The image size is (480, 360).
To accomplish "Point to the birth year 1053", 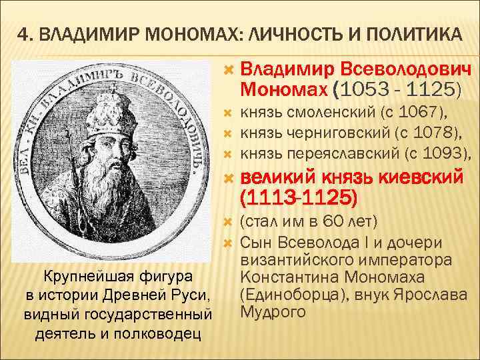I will [x=370, y=88].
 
